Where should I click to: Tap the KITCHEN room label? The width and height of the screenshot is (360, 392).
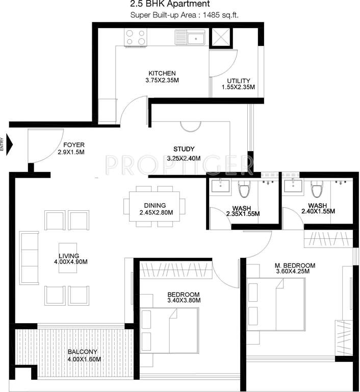[x=162, y=73]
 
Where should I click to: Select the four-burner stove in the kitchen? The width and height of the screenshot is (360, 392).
[x=135, y=37]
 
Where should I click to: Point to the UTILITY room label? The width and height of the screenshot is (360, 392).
[x=238, y=81]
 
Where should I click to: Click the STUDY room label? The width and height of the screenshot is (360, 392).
[x=184, y=149]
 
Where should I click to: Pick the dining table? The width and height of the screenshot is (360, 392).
[x=155, y=206]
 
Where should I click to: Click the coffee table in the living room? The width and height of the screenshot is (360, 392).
[x=67, y=257]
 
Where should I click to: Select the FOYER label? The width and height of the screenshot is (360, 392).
[x=74, y=145]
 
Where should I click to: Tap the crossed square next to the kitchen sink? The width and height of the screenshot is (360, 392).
[x=220, y=37]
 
